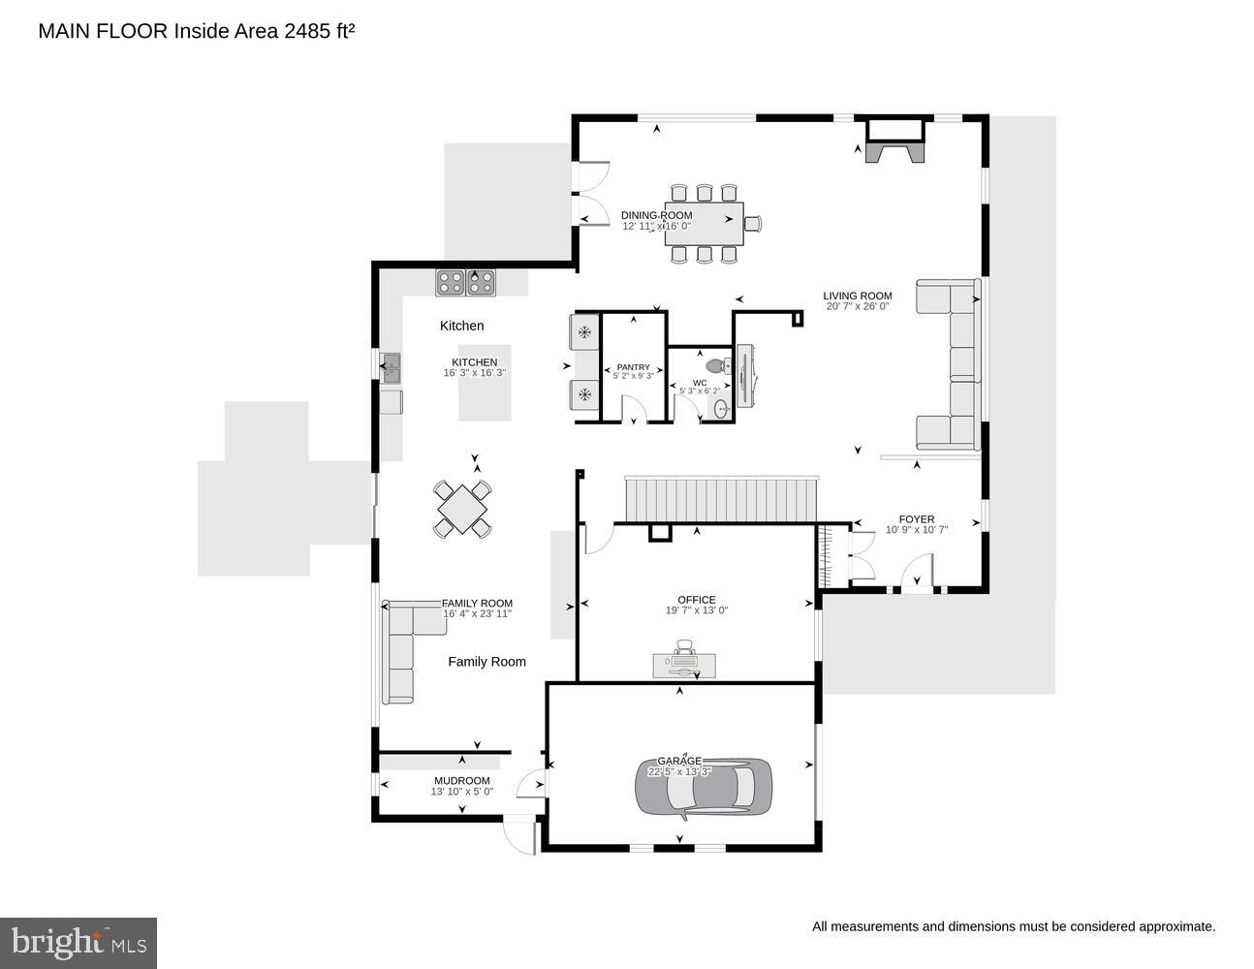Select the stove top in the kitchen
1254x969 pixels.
point(466,282)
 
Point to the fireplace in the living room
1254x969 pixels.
point(895,141)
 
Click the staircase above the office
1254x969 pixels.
point(722,499)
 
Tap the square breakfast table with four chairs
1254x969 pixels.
point(462,508)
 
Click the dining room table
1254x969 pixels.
point(705,224)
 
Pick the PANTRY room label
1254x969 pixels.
point(634,367)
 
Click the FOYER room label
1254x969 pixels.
point(916,519)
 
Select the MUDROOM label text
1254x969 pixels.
point(461,780)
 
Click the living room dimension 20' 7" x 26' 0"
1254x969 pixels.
point(858,307)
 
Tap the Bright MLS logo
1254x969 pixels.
point(78,942)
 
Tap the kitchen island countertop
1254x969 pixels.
point(485,383)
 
